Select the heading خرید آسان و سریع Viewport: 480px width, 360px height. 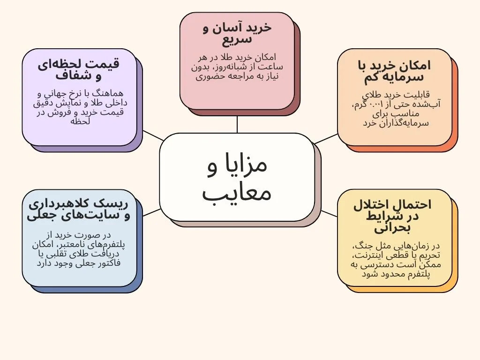click(x=237, y=33)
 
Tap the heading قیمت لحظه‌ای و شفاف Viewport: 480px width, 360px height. click(x=79, y=69)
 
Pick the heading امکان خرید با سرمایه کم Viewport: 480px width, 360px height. click(x=394, y=71)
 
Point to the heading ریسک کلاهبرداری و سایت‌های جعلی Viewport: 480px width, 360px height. click(x=79, y=210)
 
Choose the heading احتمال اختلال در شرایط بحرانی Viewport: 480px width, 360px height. click(x=393, y=216)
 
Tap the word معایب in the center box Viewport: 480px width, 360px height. click(x=237, y=193)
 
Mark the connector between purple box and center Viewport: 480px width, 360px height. click(x=153, y=135)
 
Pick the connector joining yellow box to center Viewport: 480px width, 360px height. click(x=329, y=213)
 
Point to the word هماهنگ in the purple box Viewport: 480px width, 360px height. click(x=111, y=94)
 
